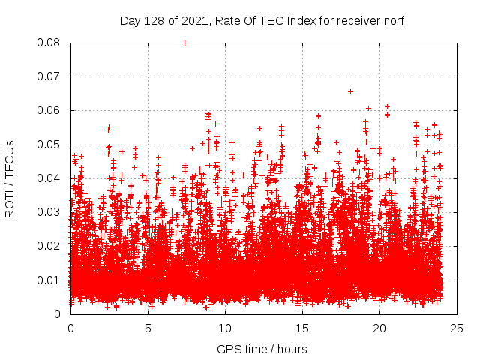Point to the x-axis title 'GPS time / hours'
262,349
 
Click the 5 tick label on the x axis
148,328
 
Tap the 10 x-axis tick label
226,328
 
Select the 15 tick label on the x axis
303,328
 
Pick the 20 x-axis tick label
380,328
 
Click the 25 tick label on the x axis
457,328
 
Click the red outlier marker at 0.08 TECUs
184,43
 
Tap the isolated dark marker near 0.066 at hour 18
350,91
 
